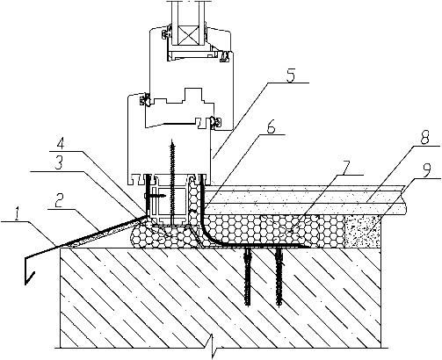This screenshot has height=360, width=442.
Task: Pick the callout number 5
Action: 289,76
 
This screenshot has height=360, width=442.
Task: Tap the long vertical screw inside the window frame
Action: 173,181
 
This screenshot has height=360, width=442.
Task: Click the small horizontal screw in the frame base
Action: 156,195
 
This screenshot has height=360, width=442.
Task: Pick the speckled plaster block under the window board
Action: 364,231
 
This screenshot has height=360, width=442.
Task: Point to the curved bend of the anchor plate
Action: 207,235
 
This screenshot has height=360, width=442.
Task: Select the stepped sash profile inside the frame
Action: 178,108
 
